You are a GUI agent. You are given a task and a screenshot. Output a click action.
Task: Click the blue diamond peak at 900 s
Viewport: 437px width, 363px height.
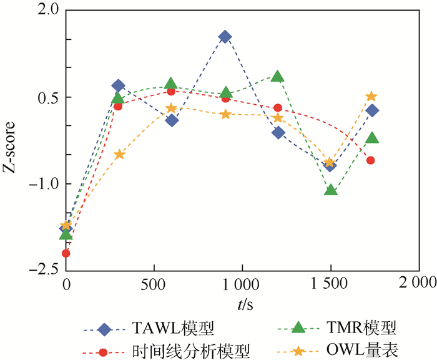tap(225, 37)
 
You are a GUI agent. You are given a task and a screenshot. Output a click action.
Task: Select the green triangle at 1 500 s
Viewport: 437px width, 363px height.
tap(331, 190)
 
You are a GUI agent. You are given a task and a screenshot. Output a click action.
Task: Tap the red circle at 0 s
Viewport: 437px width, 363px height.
tap(66, 253)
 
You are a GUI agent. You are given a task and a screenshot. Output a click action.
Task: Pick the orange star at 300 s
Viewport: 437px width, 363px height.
tap(119, 154)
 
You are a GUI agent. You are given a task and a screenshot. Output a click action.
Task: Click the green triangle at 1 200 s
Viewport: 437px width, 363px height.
tap(278, 77)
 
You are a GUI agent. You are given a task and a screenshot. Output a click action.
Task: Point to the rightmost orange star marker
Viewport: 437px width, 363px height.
tap(371, 96)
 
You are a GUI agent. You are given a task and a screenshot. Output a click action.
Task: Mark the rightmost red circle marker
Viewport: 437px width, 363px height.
tap(371, 160)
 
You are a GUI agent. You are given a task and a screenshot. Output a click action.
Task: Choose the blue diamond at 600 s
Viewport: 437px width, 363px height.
tap(172, 120)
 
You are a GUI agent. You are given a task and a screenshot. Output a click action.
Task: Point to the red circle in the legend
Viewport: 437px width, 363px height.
tap(104, 351)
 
